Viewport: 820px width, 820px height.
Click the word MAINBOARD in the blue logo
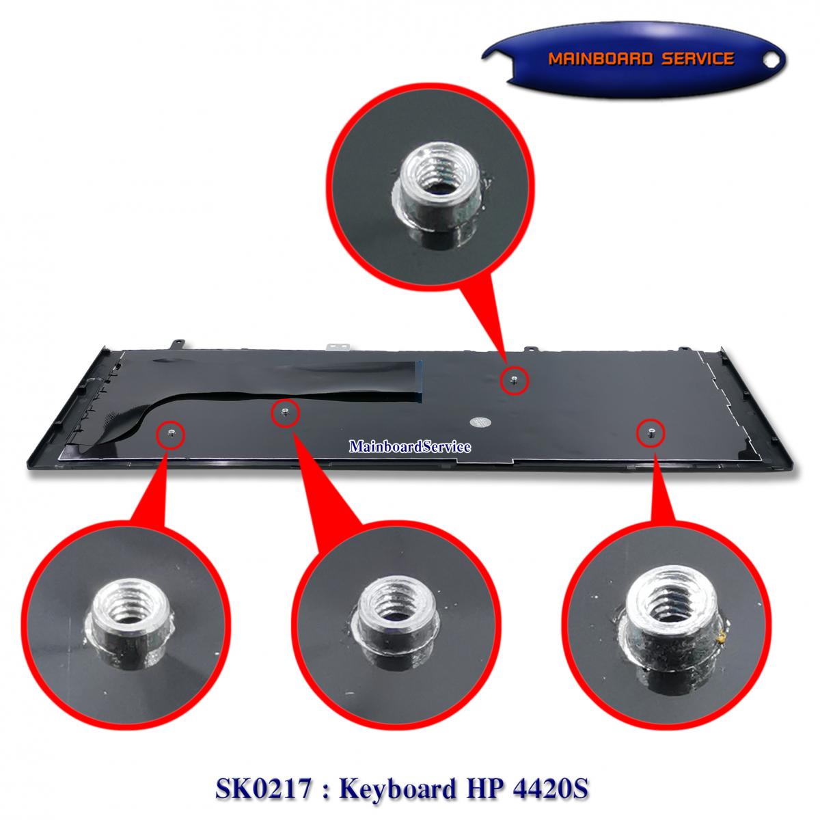click(599, 59)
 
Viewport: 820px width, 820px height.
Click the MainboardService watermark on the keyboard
click(410, 446)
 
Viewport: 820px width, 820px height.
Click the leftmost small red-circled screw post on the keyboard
click(170, 433)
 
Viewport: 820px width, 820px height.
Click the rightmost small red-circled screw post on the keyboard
click(651, 433)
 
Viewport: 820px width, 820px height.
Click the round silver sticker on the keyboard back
click(480, 422)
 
